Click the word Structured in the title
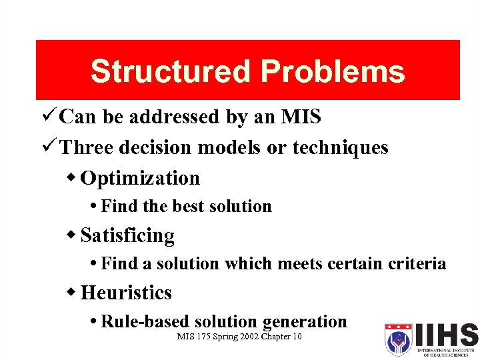click(x=171, y=72)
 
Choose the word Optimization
click(x=140, y=178)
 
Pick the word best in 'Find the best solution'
click(x=189, y=207)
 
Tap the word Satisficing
click(x=127, y=235)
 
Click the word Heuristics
click(x=126, y=293)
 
